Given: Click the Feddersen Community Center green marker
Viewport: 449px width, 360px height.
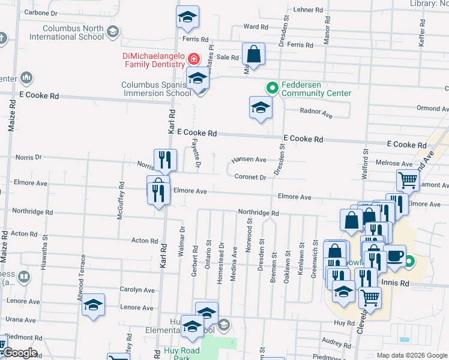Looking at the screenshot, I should pyautogui.click(x=272, y=88).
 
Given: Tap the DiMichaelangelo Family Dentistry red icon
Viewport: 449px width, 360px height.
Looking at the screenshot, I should pyautogui.click(x=194, y=59).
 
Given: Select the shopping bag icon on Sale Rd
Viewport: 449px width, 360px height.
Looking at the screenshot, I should pyautogui.click(x=253, y=54).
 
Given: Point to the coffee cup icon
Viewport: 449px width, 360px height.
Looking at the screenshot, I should pyautogui.click(x=394, y=256).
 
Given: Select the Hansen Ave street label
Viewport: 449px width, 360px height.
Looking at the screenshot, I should pyautogui.click(x=249, y=160).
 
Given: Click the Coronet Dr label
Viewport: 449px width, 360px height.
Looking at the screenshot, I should pyautogui.click(x=250, y=177).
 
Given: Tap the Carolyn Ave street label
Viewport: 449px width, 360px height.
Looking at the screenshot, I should pyautogui.click(x=137, y=289).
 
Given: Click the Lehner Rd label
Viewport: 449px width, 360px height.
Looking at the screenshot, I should pyautogui.click(x=309, y=10).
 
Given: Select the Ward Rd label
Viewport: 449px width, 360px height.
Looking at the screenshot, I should pyautogui.click(x=256, y=26).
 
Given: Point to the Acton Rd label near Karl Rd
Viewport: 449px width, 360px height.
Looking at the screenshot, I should pyautogui.click(x=144, y=241).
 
